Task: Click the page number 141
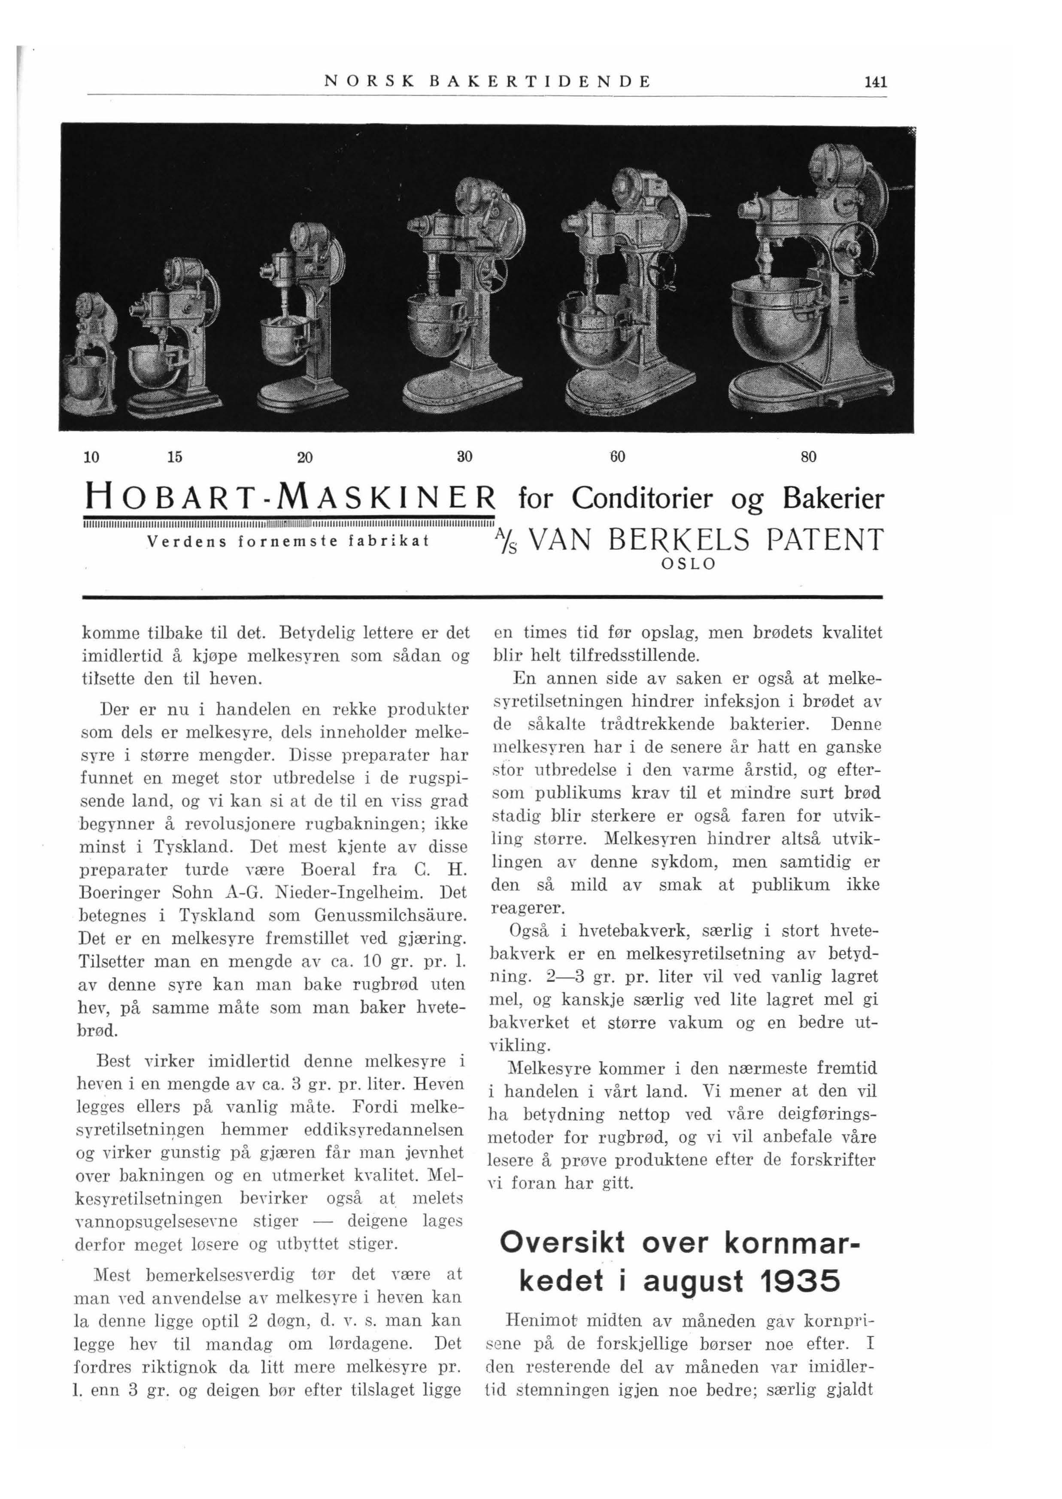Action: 875,82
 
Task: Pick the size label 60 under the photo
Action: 618,455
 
